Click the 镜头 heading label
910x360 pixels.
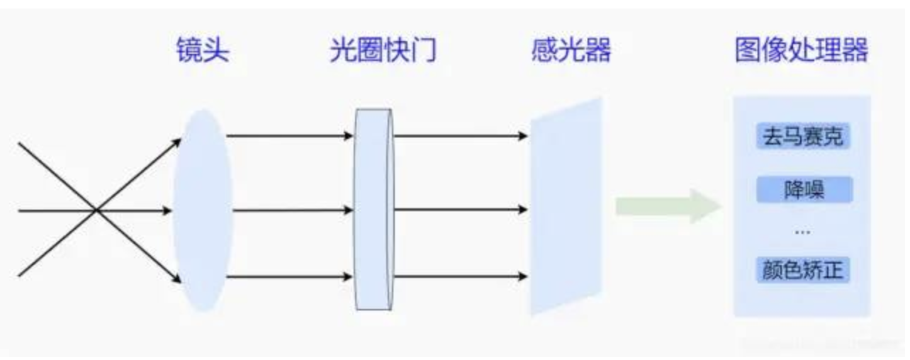203,50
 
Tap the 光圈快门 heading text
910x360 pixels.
383,50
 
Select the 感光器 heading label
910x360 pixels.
572,50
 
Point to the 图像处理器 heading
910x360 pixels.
802,50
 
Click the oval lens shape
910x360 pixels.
203,210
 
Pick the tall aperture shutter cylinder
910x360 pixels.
374,209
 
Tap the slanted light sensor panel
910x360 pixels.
566,206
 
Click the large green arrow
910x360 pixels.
668,206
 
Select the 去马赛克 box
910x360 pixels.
803,137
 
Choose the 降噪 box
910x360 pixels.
804,189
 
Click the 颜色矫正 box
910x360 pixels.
803,270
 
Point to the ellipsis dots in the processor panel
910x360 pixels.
802,232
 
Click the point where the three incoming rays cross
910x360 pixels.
96,210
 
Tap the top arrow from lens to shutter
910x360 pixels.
290,136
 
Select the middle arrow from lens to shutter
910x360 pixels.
293,210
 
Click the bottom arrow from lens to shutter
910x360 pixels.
289,277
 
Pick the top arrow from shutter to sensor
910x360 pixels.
461,136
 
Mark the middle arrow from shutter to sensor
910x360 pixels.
461,210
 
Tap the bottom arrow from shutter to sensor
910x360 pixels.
461,276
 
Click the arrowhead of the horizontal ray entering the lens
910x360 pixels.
167,210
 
